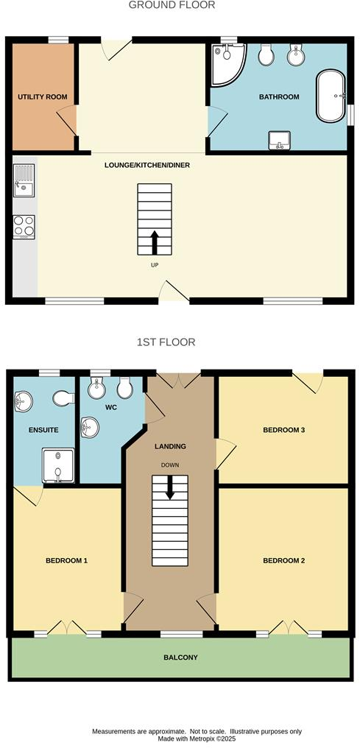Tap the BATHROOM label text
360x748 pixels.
point(278,97)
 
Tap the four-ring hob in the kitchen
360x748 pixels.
point(24,226)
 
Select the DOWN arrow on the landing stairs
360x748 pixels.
point(170,487)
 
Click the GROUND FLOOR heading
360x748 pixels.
point(172,5)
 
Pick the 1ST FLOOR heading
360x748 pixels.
point(166,342)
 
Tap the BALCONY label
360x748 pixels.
point(180,657)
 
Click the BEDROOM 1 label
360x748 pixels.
point(66,560)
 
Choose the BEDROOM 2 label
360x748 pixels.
point(283,560)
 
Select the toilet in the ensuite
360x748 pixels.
point(63,398)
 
